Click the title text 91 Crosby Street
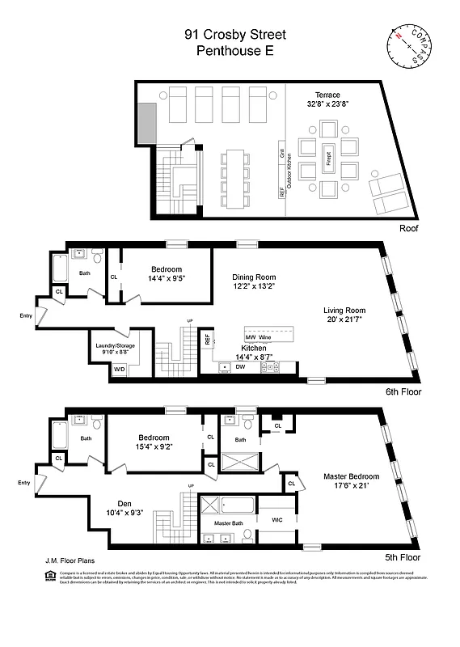[234, 34]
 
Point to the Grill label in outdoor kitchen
[282, 152]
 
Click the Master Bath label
[229, 524]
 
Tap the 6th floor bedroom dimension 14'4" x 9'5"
[166, 279]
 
